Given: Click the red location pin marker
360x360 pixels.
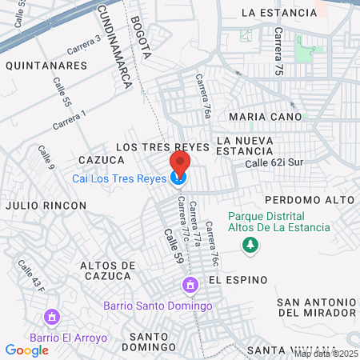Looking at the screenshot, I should pyautogui.click(x=179, y=164).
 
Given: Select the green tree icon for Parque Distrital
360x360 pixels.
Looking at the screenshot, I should pyautogui.click(x=252, y=244).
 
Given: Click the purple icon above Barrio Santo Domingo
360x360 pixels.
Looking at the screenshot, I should pyautogui.click(x=190, y=285).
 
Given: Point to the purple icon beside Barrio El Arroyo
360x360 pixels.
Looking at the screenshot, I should pyautogui.click(x=53, y=318).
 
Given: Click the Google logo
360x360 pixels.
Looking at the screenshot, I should pyautogui.click(x=26, y=349).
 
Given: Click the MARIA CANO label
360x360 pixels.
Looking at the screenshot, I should pyautogui.click(x=266, y=116).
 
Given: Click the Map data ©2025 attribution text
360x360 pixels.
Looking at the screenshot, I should pyautogui.click(x=326, y=354).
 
